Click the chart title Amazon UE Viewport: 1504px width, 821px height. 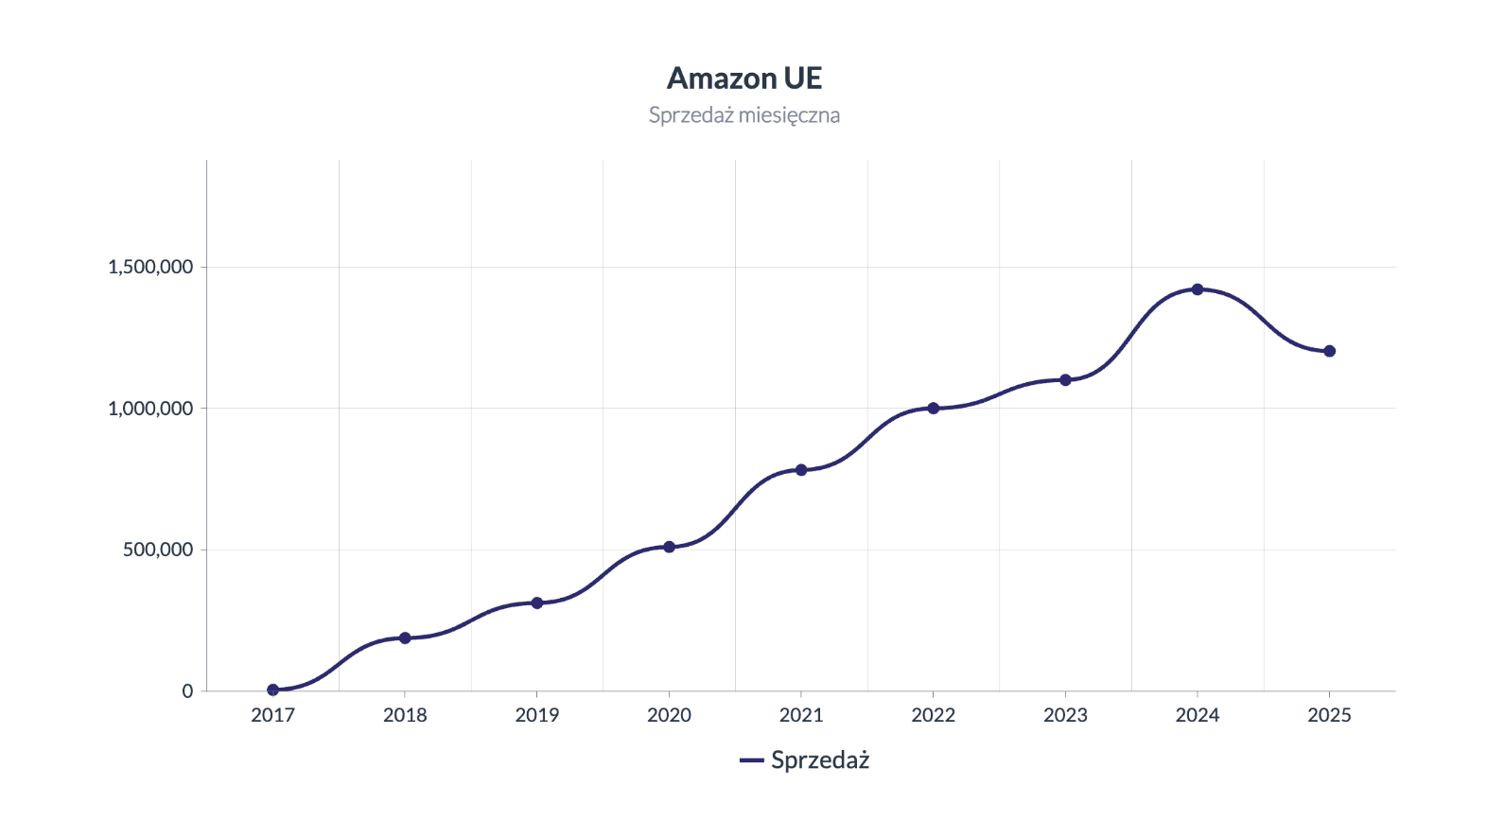(744, 79)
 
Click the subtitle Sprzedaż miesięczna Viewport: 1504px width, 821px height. (744, 115)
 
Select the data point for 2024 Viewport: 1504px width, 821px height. (1198, 289)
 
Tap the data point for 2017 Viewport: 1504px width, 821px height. (273, 690)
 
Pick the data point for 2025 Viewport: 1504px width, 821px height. (1329, 351)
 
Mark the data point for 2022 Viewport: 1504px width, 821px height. (934, 409)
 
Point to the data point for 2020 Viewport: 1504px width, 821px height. (669, 547)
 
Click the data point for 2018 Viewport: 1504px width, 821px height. (405, 638)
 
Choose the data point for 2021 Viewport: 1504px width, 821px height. (801, 470)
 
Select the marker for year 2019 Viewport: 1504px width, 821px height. (537, 603)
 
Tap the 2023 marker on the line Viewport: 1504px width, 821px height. (1065, 380)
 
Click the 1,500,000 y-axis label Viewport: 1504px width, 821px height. (150, 267)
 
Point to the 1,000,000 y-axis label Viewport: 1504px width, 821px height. (150, 409)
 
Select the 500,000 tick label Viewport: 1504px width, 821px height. (158, 550)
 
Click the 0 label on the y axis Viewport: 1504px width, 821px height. (187, 691)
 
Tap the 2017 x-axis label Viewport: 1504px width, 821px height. (273, 716)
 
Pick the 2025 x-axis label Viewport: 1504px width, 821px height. (1329, 716)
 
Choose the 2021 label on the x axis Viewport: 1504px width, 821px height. (801, 716)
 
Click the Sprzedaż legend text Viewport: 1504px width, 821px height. (820, 760)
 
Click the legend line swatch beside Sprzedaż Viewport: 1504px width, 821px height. (751, 760)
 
